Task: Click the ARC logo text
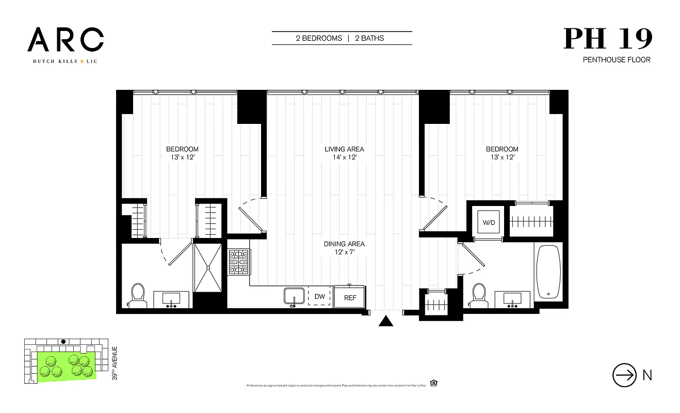pos(66,40)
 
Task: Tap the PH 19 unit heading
pos(608,39)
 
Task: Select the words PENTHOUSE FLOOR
pos(617,60)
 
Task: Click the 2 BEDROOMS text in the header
pos(319,38)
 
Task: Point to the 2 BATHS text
pos(369,38)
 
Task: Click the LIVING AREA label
pos(344,149)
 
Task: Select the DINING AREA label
pos(344,244)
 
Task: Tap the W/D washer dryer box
pos(488,223)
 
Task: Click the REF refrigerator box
pos(350,297)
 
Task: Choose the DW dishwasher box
pos(319,297)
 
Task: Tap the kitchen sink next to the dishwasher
pos(294,297)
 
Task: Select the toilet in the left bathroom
pos(138,295)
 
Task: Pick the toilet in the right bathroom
pos(479,295)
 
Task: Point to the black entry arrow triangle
pos(386,321)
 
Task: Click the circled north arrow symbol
pos(624,375)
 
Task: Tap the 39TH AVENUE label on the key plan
pos(115,363)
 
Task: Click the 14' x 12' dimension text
pos(344,157)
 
